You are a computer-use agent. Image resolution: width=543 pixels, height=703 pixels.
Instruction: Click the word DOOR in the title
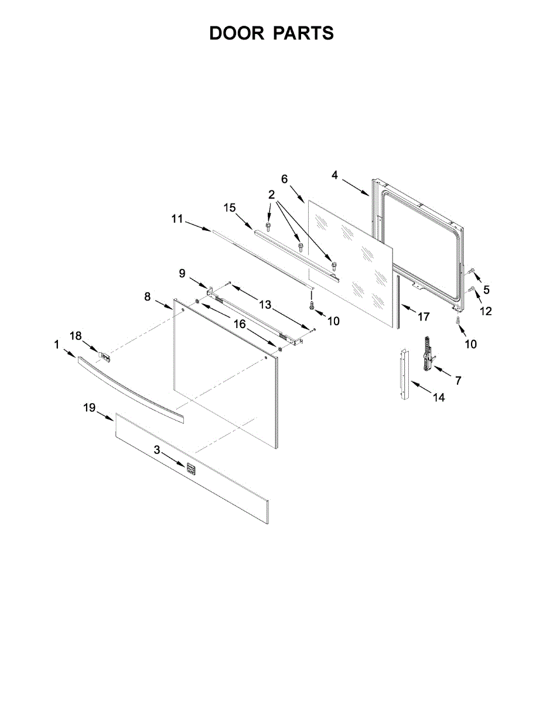coord(237,33)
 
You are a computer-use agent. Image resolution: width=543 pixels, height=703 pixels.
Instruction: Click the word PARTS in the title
coord(303,33)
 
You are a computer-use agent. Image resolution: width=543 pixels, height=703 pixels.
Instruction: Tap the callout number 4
coord(334,175)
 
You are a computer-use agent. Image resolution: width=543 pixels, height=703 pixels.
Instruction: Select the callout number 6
coord(285,179)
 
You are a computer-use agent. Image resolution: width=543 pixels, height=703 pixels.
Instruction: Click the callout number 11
coord(177,219)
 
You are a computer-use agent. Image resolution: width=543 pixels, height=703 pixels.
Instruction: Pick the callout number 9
coord(182,272)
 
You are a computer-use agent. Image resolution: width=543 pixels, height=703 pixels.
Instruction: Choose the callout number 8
coord(148,297)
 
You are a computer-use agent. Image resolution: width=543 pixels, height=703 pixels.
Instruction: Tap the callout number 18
coord(76,336)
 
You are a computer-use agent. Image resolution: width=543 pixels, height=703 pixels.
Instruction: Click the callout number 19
coord(89,408)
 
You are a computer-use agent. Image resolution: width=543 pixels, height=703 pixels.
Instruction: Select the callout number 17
coord(424,317)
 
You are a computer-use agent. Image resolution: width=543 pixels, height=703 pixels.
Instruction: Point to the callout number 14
coord(439,398)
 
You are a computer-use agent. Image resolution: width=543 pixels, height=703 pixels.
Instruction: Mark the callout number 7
coord(458,380)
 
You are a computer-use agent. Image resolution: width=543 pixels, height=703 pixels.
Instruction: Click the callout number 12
coord(486,312)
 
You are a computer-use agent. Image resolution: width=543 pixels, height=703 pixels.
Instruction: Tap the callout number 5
coord(486,289)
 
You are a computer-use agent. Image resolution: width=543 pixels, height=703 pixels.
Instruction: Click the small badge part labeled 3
coord(190,467)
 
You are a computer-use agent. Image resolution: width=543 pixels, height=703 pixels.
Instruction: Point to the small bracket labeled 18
coord(105,355)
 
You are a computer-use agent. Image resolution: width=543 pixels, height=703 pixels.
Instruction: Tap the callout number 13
coord(265,305)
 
